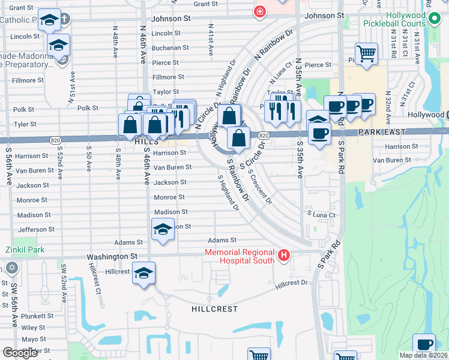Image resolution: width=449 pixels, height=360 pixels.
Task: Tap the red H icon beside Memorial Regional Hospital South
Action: (x=285, y=257)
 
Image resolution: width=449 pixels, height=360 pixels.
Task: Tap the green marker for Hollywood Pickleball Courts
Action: (x=437, y=23)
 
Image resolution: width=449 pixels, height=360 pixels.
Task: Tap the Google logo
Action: (x=20, y=353)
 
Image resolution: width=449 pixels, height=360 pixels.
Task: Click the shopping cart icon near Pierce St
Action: (x=366, y=54)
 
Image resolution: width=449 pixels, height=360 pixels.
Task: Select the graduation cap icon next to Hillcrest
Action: (x=143, y=274)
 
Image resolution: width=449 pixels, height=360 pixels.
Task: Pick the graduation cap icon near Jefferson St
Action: (x=163, y=229)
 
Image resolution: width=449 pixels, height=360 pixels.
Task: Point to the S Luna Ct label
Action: (x=321, y=214)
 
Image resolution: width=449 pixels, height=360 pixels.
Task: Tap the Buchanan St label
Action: (x=170, y=47)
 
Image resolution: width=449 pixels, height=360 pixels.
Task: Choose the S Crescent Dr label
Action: (x=259, y=187)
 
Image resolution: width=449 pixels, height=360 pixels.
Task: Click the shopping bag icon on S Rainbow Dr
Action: (x=238, y=138)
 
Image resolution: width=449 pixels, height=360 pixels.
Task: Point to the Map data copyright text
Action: (x=424, y=355)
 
